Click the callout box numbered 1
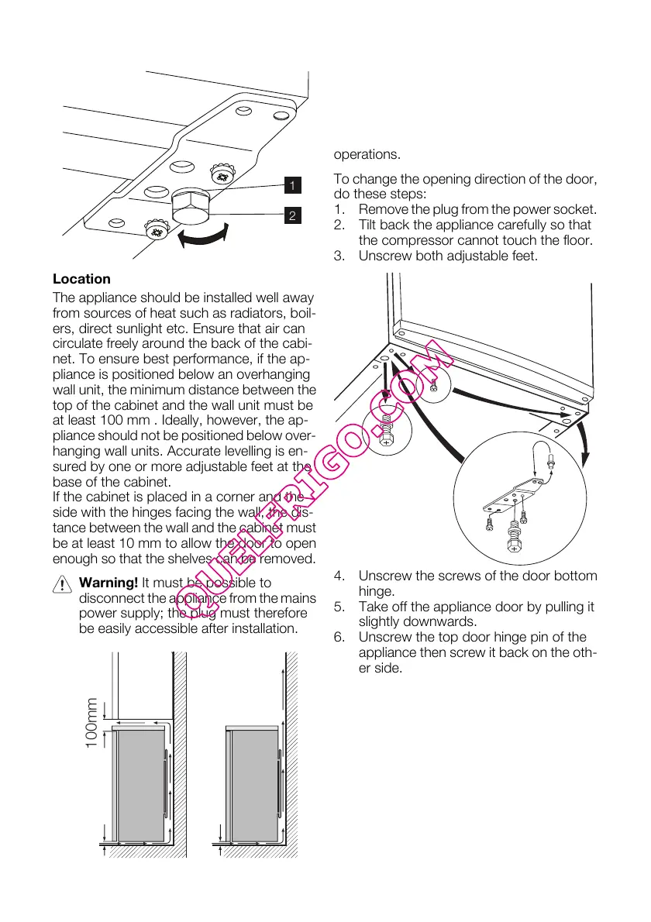click(291, 185)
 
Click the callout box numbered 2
click(291, 215)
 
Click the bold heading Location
click(81, 279)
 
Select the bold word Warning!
click(108, 582)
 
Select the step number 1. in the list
click(340, 209)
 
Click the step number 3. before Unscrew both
click(340, 256)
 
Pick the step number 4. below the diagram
click(340, 576)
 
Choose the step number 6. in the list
click(340, 638)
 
